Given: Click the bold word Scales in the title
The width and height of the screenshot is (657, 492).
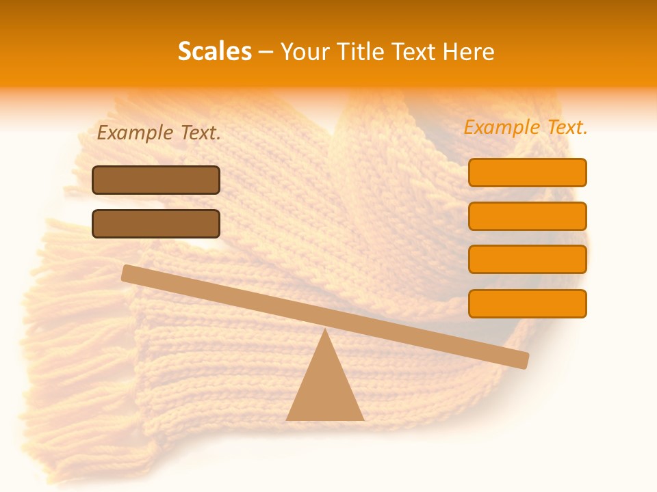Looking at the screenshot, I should click(215, 51).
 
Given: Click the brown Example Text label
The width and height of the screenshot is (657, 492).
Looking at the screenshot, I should click(159, 133).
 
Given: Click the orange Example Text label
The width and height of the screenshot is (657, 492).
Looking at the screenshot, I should click(526, 127).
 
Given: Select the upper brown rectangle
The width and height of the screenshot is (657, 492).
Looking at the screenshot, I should click(156, 180).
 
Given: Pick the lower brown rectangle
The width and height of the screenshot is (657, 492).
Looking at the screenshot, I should click(156, 223).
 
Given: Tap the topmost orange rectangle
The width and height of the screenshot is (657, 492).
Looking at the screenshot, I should click(527, 172).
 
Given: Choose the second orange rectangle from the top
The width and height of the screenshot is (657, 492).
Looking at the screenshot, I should click(527, 216).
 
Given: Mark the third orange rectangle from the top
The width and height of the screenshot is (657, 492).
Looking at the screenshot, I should click(527, 259).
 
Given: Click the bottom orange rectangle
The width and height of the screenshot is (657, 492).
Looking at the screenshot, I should click(527, 303).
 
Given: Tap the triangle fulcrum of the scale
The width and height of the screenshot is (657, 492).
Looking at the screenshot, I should click(325, 389).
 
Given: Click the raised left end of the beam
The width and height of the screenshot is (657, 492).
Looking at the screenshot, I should click(130, 273).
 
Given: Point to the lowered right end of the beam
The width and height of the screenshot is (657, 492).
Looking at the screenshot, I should click(520, 359).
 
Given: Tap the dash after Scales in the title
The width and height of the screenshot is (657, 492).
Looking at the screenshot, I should click(266, 52).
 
